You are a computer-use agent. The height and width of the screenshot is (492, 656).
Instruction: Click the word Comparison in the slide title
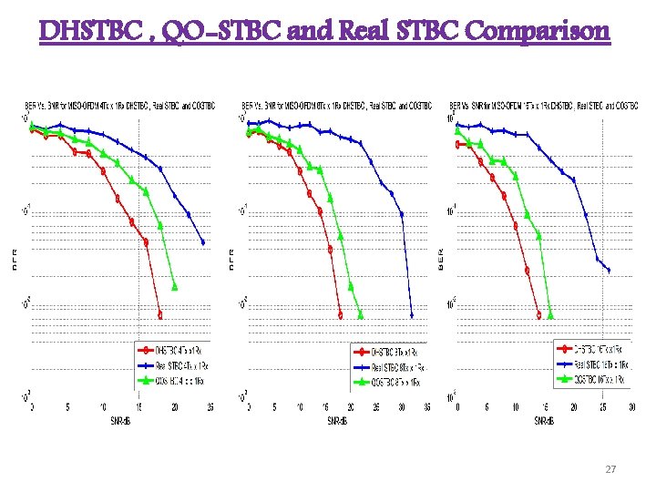[x=538, y=32]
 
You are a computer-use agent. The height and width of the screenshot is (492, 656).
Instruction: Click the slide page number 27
[x=610, y=468]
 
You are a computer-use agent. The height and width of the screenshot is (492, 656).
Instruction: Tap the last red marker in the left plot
[x=160, y=314]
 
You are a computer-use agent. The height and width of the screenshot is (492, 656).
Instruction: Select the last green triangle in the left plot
[x=175, y=286]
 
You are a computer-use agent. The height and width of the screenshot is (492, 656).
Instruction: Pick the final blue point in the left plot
[x=203, y=242]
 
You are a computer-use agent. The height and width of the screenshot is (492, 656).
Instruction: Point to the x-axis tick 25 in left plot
[x=210, y=406]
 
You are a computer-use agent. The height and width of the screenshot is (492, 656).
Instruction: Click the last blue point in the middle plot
[x=412, y=315]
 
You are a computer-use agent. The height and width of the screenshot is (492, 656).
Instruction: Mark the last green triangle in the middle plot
[x=361, y=315]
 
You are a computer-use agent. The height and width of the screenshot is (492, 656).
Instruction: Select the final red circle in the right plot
[x=538, y=315]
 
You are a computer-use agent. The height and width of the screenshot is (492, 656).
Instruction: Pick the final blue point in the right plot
[x=609, y=270]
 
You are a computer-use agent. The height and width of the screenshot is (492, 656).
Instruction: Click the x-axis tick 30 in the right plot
[x=629, y=406]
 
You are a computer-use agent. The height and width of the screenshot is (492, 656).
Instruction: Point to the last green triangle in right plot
[x=550, y=315]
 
